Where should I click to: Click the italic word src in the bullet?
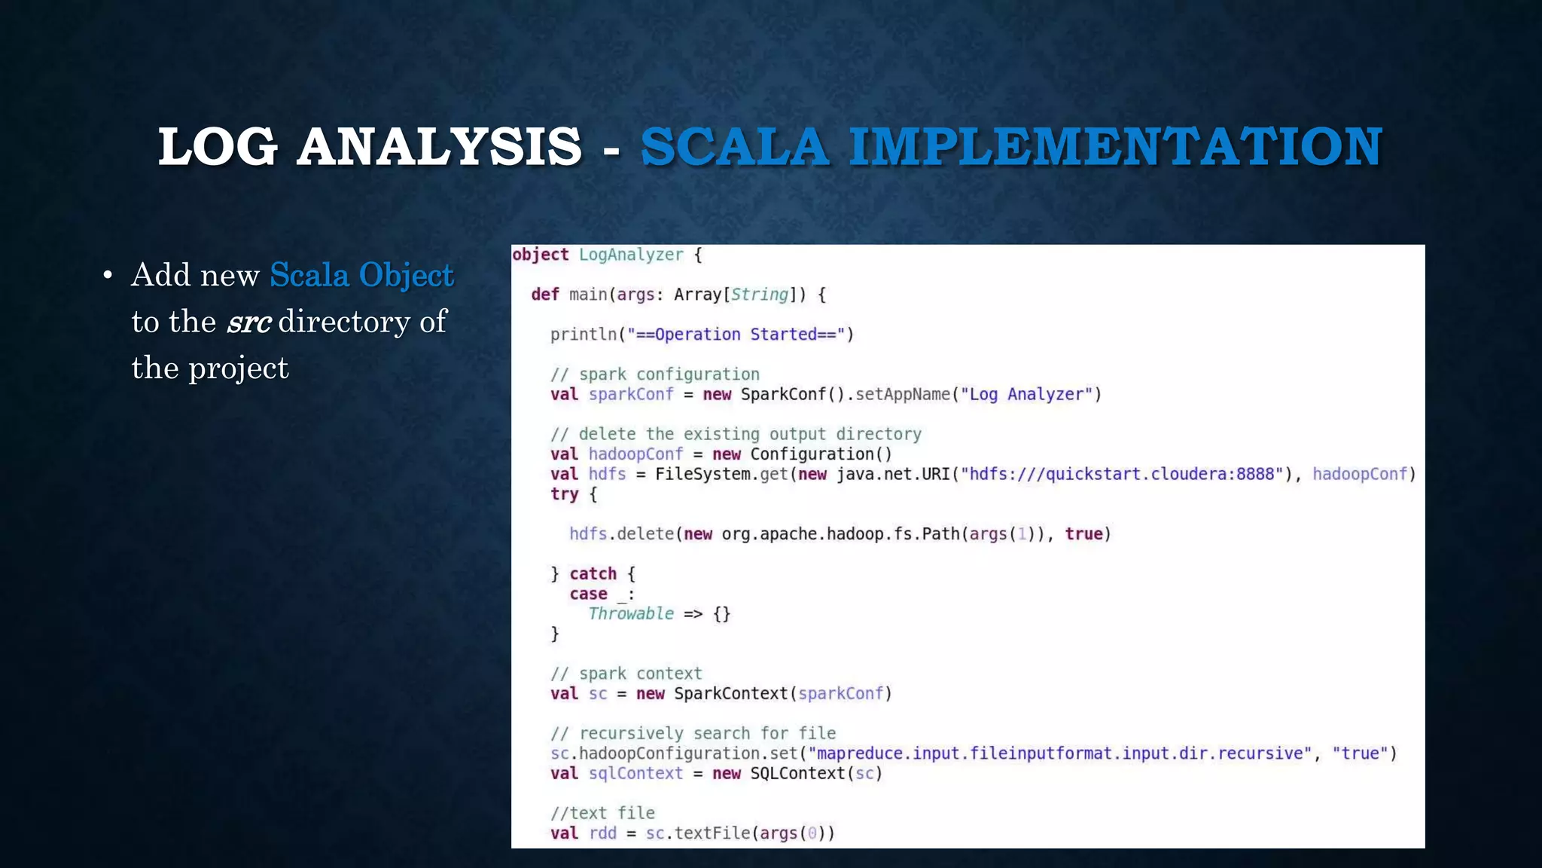[x=248, y=322]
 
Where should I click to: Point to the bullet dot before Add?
[x=108, y=277]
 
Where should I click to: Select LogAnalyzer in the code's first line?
[x=631, y=255]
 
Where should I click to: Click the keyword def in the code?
[x=544, y=295]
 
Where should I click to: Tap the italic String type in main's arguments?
[x=759, y=295]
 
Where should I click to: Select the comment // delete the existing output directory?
[x=736, y=434]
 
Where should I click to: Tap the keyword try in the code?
[x=564, y=494]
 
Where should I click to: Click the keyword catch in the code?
[x=593, y=574]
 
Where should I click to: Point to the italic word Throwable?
[x=631, y=614]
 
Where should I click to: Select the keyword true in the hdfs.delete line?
[x=1083, y=534]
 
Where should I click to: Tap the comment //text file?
[x=602, y=813]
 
